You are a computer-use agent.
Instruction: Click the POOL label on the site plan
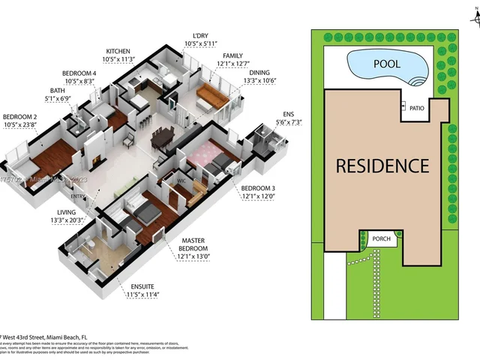point(387,64)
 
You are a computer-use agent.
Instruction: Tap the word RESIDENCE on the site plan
point(382,166)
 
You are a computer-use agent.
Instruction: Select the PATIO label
point(418,108)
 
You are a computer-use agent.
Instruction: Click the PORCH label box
point(381,238)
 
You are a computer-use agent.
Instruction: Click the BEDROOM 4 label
point(78,73)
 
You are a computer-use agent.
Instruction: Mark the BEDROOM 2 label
point(20,117)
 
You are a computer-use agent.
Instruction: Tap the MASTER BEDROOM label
point(193,244)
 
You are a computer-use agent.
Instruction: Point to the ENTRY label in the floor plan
point(78,196)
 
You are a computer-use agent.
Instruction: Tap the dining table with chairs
point(163,136)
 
